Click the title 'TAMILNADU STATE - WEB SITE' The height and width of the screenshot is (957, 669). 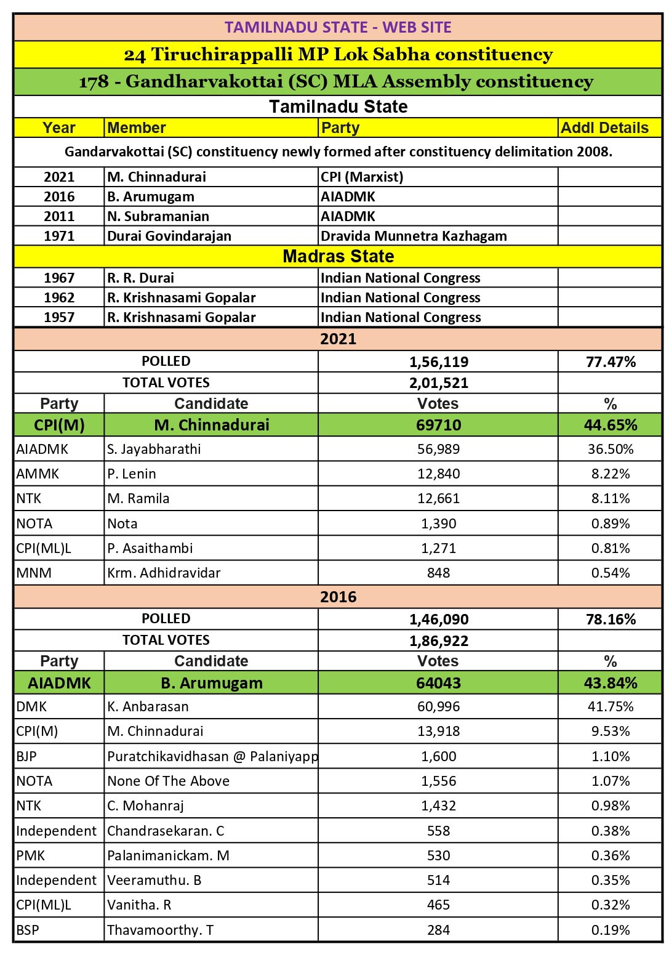coord(338,28)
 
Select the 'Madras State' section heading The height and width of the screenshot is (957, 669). coord(338,256)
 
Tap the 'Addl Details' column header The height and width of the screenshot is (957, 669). coord(604,128)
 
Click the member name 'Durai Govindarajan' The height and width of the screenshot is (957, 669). coord(169,236)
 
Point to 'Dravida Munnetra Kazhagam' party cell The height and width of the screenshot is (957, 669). coord(414,236)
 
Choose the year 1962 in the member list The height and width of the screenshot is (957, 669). coord(59,297)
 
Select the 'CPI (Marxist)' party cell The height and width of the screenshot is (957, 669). coord(362,177)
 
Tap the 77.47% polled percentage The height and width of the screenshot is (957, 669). coord(611,361)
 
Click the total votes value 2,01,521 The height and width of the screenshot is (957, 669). coord(439,383)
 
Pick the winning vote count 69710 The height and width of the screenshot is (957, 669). coord(439,425)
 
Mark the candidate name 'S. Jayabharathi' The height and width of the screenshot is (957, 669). coord(154,449)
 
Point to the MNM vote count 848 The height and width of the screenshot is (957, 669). coord(438,573)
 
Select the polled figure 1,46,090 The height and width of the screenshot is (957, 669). coord(439,620)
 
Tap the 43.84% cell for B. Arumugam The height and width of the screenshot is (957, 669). coord(611,683)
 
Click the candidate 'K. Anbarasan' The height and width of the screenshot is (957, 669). coord(148,706)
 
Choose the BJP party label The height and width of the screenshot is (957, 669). coord(26,756)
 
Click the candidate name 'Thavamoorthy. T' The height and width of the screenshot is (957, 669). coord(160,930)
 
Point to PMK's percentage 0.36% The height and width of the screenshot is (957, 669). coord(611,855)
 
